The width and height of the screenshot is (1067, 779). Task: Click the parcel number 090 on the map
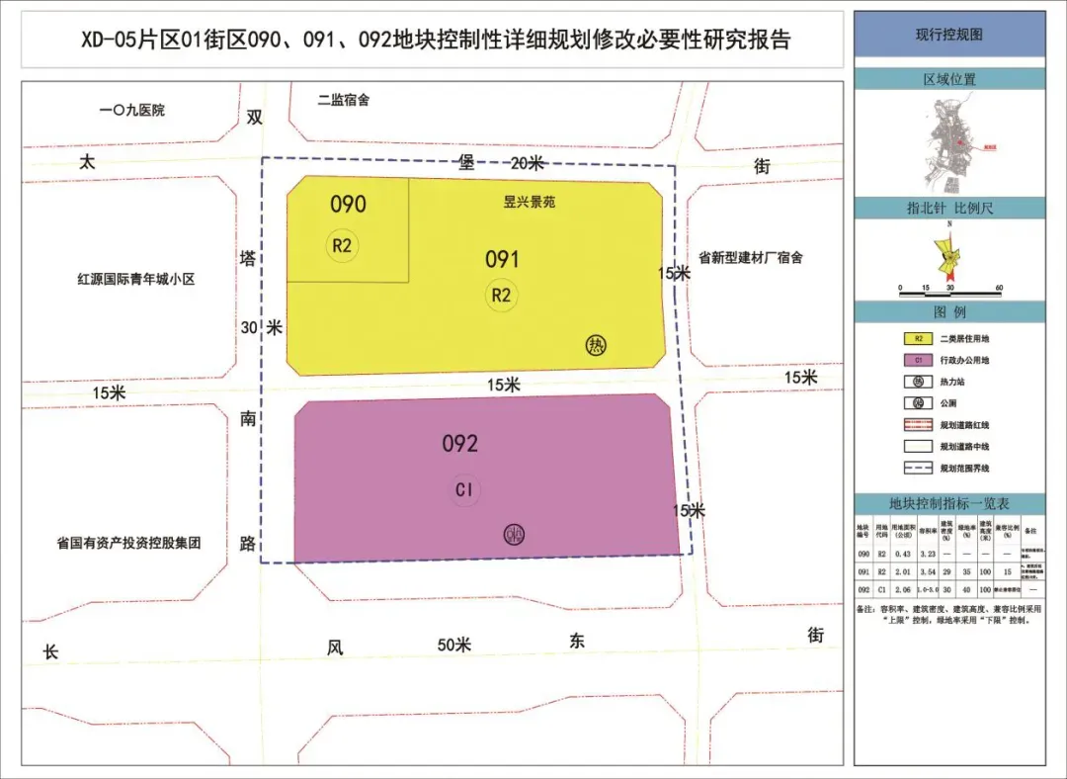(348, 205)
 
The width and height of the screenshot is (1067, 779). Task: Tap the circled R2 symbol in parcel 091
(501, 295)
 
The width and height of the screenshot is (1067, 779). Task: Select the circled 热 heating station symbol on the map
(596, 345)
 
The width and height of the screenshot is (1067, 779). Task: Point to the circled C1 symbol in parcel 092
(465, 489)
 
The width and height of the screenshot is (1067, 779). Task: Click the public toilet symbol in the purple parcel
(514, 535)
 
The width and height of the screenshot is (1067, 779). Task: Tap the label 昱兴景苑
(530, 202)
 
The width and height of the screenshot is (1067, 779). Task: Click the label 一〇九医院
(132, 110)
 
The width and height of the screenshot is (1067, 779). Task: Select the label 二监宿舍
(344, 100)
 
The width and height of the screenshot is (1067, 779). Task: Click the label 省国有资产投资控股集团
(129, 543)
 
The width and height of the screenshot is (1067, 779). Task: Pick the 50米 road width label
(454, 646)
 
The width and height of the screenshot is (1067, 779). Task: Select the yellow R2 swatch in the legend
(919, 338)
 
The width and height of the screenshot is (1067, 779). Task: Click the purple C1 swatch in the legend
(919, 360)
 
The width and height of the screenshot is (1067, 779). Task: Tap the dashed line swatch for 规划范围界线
(919, 468)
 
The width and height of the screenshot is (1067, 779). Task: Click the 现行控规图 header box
(949, 35)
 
